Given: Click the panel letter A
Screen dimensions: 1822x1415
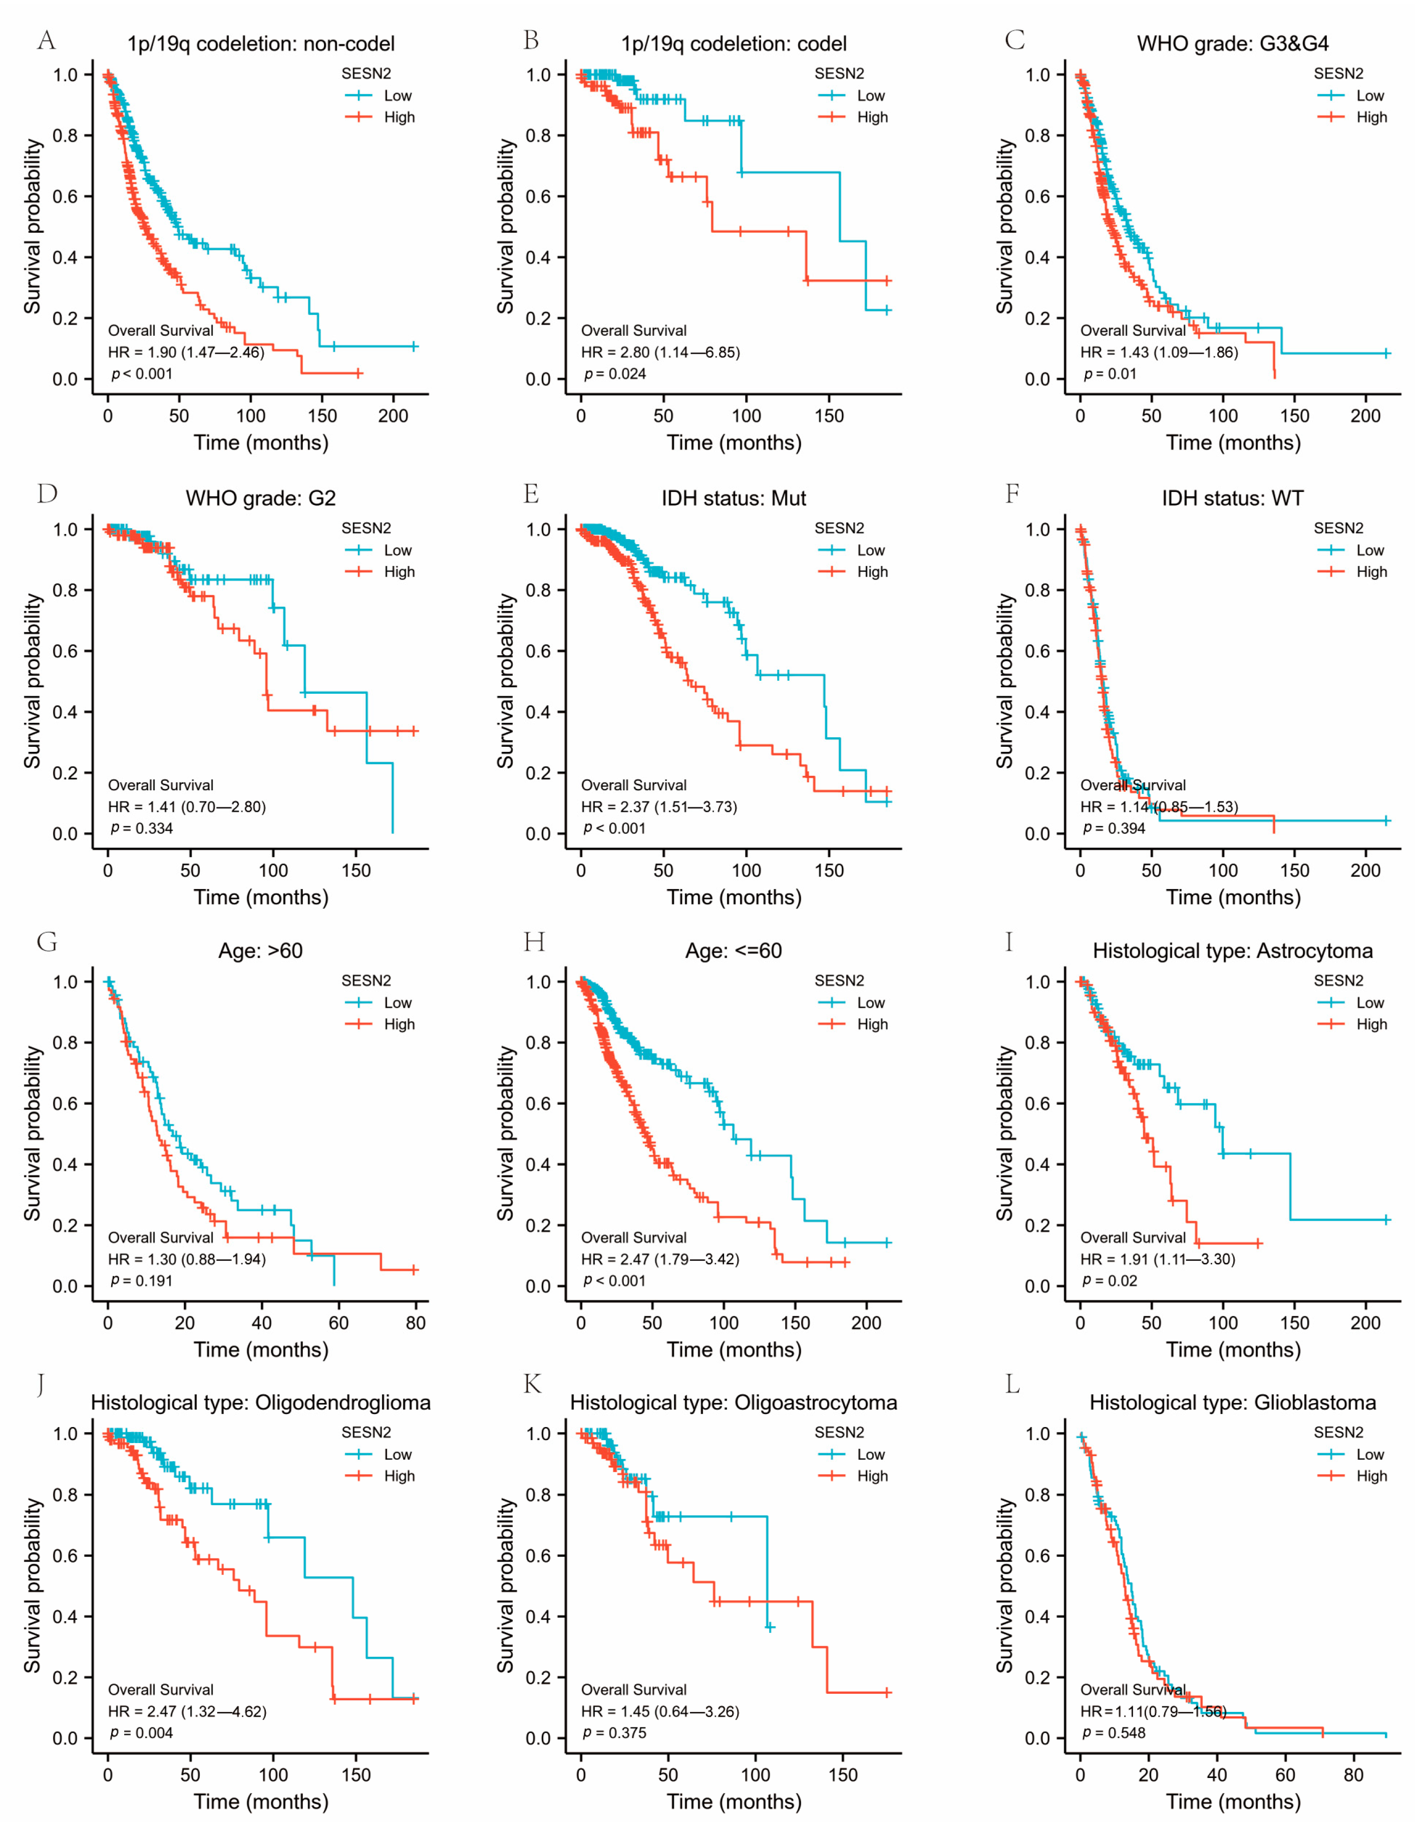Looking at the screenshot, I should (47, 40).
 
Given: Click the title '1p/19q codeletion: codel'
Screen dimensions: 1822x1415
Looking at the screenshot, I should (734, 44).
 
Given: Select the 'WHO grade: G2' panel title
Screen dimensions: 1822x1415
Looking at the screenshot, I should (260, 498).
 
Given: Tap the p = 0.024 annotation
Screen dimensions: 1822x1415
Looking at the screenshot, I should (615, 374).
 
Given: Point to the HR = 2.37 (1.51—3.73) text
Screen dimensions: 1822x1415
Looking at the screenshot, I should (659, 807).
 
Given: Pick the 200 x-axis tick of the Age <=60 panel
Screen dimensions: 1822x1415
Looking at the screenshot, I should (866, 1322).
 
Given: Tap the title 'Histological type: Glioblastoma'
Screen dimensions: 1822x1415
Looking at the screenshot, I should (1232, 1403).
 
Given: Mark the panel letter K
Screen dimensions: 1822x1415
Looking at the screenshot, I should (531, 1385).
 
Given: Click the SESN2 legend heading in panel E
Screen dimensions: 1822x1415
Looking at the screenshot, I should (839, 528).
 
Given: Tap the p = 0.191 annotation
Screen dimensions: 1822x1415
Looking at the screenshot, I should (142, 1280).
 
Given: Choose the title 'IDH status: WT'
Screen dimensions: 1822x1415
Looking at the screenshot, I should (1232, 498).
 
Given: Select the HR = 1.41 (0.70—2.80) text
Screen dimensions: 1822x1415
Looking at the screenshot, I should (187, 807).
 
